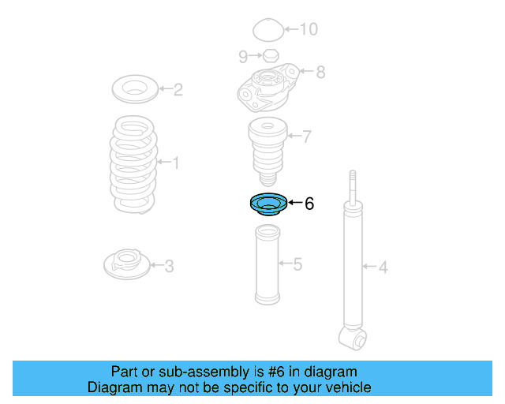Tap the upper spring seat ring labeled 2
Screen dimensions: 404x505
pyautogui.click(x=136, y=88)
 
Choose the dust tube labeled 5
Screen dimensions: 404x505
pyautogui.click(x=267, y=264)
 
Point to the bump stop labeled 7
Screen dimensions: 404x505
pyautogui.click(x=266, y=148)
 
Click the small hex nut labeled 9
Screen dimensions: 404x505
pyautogui.click(x=268, y=55)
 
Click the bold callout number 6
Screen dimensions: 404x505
pyautogui.click(x=309, y=204)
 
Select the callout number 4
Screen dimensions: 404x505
pyautogui.click(x=383, y=267)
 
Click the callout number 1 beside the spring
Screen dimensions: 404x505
pyautogui.click(x=175, y=163)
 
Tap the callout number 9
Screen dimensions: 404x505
pyautogui.click(x=242, y=55)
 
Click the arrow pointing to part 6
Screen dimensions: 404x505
pyautogui.click(x=294, y=204)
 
